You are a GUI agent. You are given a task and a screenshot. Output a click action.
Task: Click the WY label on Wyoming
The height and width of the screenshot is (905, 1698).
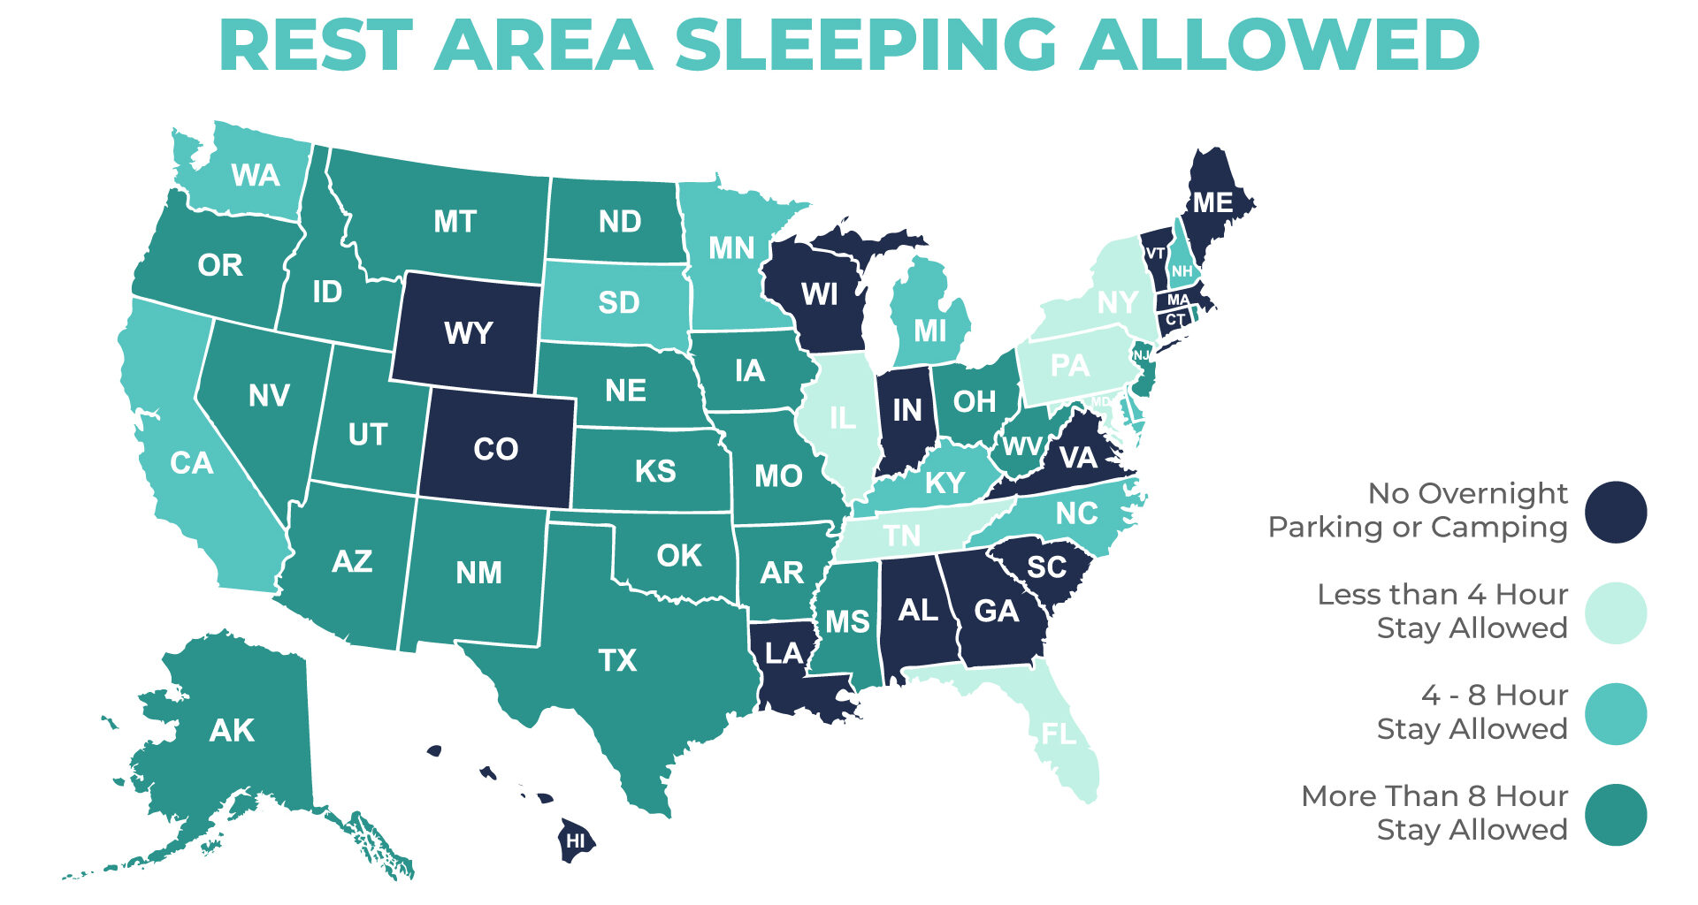(468, 334)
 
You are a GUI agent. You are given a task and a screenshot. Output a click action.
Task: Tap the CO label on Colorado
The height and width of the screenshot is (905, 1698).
(495, 450)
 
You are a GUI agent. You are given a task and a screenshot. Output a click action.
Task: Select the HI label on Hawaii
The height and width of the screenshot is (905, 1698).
(576, 841)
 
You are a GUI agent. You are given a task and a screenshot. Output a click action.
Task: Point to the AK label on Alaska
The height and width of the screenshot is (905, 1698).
(232, 731)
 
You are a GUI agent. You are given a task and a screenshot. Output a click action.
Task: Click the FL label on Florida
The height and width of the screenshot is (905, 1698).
(1059, 734)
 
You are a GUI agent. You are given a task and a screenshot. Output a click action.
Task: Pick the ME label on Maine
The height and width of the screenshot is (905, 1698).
(1212, 203)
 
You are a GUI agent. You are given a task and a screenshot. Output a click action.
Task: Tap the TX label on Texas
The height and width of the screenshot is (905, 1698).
(617, 661)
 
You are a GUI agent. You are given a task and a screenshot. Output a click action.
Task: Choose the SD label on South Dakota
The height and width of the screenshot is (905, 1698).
(618, 303)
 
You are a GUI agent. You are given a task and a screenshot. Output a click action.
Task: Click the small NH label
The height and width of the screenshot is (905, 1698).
(1182, 271)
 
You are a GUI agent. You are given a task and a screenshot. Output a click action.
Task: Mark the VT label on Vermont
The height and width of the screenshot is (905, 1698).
(1156, 254)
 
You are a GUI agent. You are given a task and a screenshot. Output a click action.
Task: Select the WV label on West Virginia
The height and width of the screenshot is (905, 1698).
(1021, 446)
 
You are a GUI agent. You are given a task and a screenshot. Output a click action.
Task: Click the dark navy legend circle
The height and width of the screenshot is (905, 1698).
(1615, 512)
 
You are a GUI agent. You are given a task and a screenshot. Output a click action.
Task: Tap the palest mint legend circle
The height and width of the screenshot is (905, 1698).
(1615, 612)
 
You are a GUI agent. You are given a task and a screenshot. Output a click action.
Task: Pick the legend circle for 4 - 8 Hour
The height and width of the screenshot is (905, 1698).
(1615, 713)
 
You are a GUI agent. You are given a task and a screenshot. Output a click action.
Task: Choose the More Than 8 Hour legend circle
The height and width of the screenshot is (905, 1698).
(1615, 815)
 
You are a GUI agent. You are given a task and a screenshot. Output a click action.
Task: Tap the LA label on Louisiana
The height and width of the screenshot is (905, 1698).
(784, 654)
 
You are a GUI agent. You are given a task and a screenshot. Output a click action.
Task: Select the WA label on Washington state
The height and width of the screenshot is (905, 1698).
(256, 176)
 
